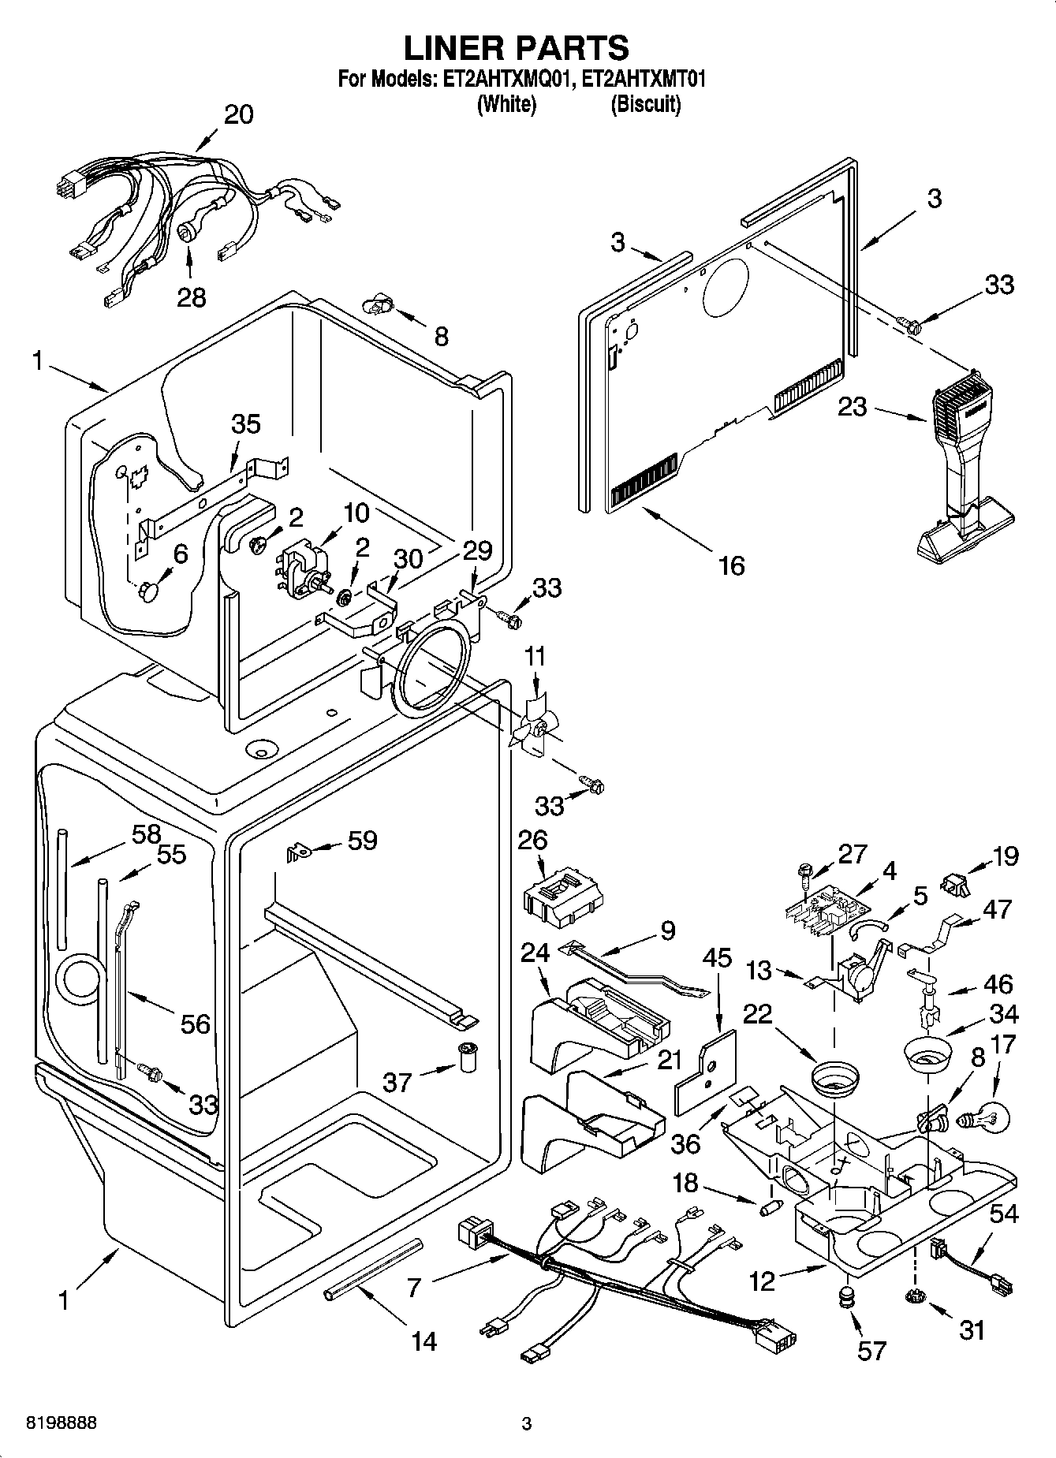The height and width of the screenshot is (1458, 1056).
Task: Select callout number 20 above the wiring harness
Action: point(238,114)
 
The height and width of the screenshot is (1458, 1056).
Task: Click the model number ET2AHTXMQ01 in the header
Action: point(505,80)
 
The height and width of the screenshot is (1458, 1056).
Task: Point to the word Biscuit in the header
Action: point(645,103)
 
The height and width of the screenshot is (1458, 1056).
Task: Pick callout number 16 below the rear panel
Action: point(732,565)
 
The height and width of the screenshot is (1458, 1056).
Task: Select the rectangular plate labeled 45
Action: point(705,1073)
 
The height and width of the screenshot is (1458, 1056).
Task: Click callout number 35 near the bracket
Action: point(246,424)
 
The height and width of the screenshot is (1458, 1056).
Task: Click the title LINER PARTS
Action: point(517,48)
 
